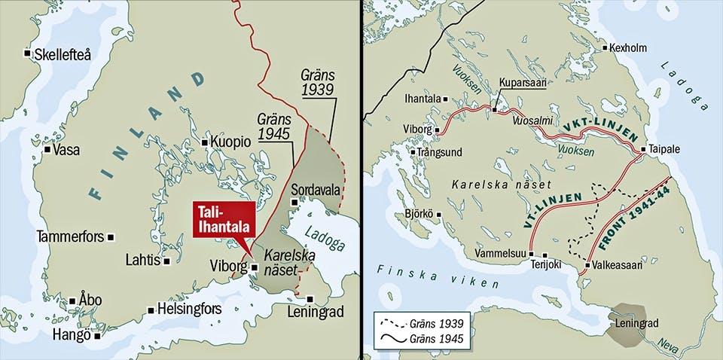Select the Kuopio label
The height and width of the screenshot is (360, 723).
pyautogui.click(x=230, y=142)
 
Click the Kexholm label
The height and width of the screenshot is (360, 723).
pyautogui.click(x=631, y=47)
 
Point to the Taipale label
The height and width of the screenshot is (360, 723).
pyautogui.click(x=664, y=149)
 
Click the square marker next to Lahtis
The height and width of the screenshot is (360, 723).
pyautogui.click(x=166, y=261)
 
